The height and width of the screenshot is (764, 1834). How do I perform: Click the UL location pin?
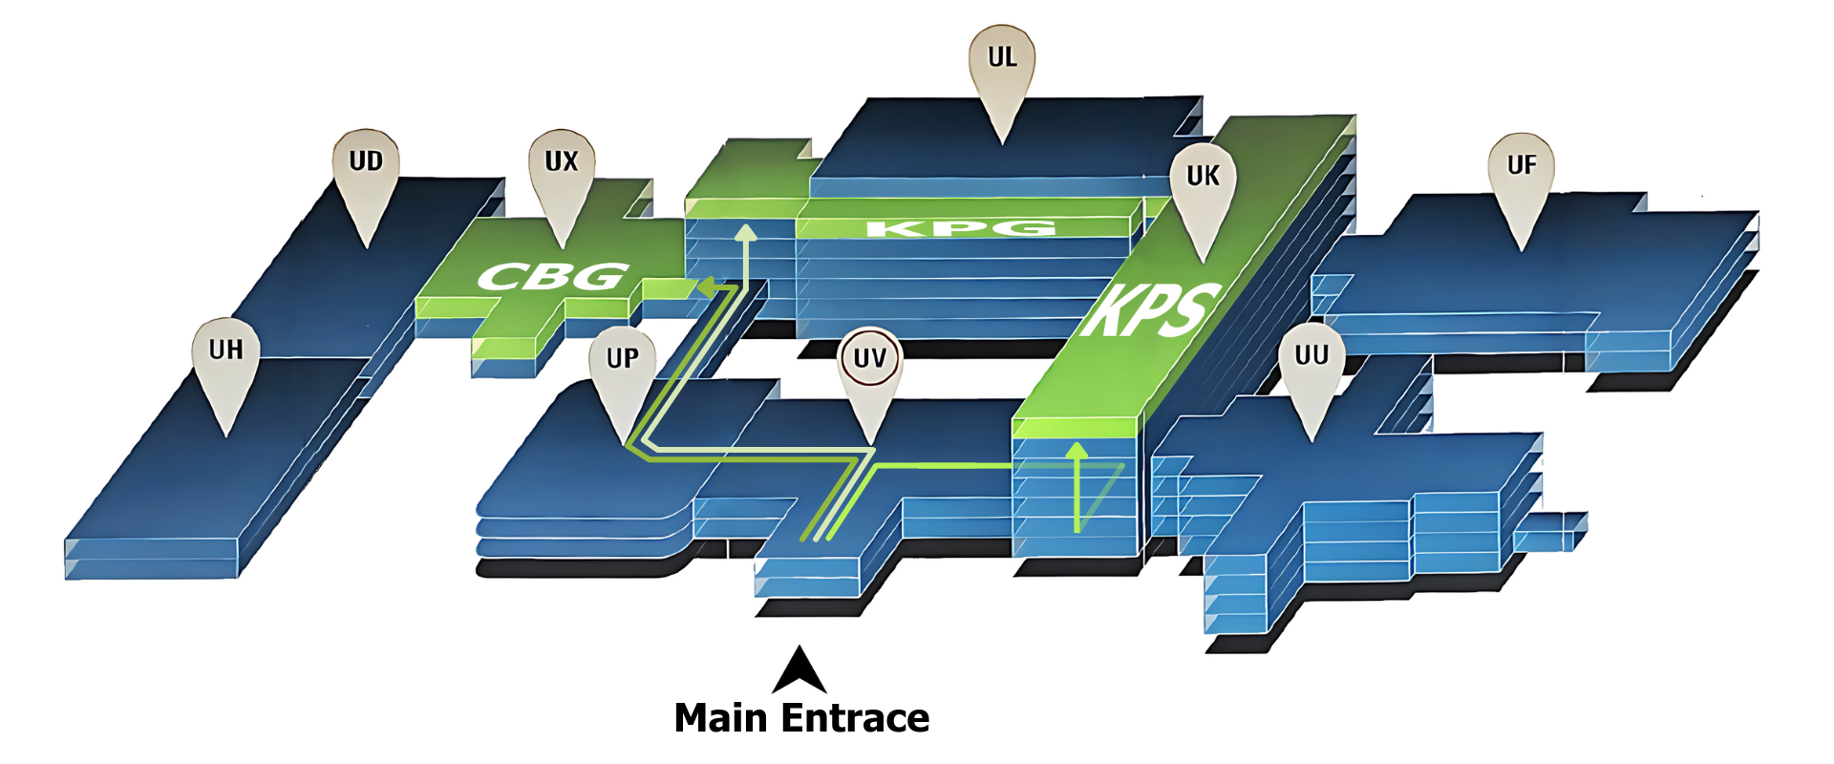click(1002, 59)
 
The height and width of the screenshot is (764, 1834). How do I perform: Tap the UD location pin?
click(366, 162)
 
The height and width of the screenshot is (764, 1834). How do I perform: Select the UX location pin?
click(562, 162)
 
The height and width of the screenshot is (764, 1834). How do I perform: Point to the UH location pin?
click(225, 351)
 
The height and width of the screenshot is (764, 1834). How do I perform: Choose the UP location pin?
click(623, 359)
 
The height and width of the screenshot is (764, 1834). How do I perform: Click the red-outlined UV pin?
click(869, 359)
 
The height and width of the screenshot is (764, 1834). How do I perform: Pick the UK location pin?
click(1203, 177)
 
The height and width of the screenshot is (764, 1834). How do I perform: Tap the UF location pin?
click(1521, 166)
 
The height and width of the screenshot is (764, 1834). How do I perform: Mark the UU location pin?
click(1312, 356)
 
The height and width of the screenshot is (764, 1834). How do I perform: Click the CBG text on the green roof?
click(553, 278)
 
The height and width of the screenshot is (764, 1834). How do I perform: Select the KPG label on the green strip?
click(960, 228)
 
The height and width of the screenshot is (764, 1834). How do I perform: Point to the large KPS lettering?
click(1151, 310)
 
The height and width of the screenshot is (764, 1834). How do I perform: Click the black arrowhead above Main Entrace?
click(800, 670)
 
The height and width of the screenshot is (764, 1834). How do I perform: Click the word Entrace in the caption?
click(855, 718)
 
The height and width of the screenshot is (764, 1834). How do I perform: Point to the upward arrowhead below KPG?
click(745, 233)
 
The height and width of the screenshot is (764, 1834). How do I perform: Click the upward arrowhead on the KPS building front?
click(1077, 451)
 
